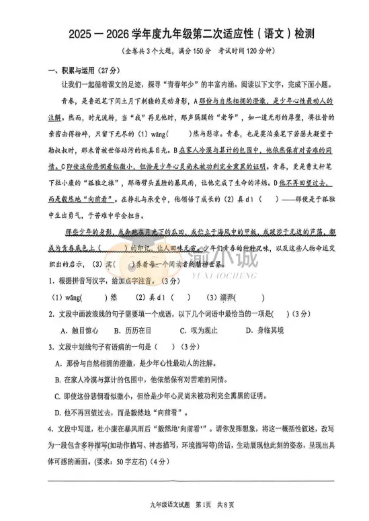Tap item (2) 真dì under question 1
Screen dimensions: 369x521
click(155, 298)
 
